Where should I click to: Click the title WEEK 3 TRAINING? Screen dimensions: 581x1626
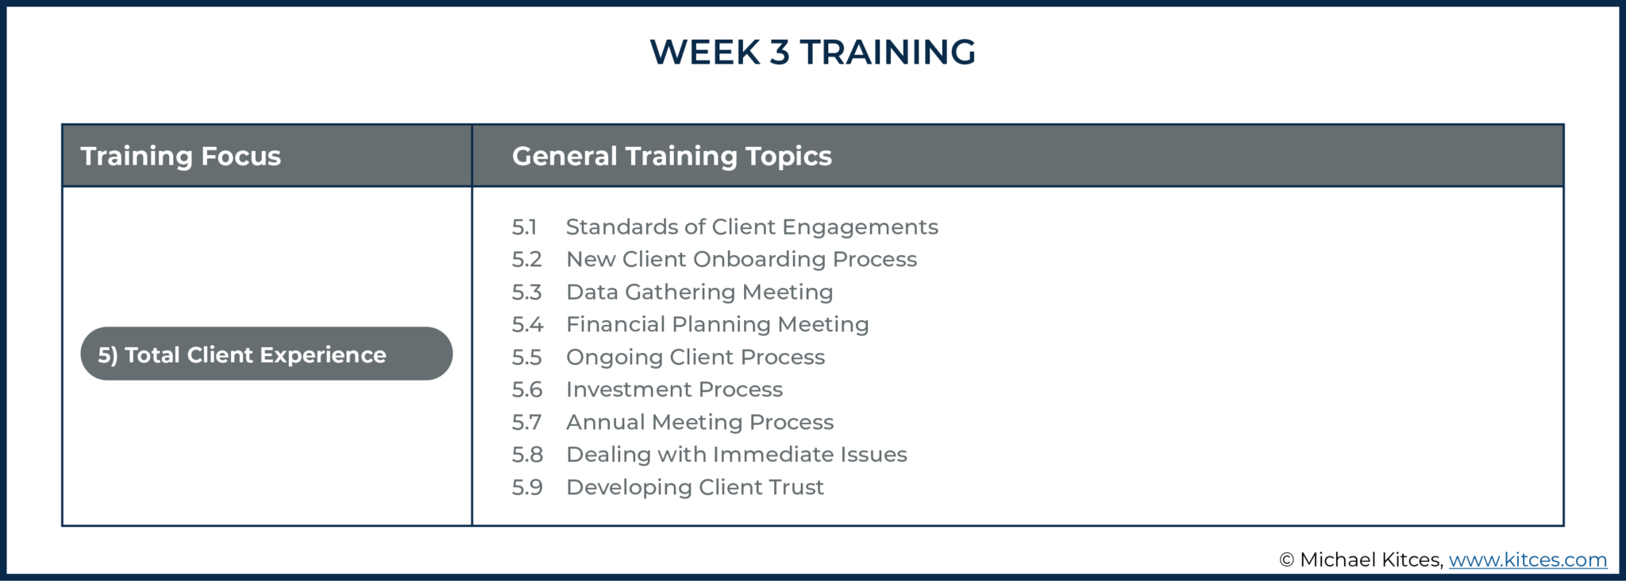pyautogui.click(x=812, y=52)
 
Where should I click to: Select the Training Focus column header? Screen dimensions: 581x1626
pyautogui.click(x=181, y=156)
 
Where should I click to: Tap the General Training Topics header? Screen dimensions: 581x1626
pyautogui.click(x=672, y=156)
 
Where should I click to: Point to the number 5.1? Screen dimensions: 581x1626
pyautogui.click(x=525, y=227)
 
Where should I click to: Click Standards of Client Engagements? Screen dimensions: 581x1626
pyautogui.click(x=752, y=227)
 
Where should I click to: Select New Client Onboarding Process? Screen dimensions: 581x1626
pyautogui.click(x=742, y=259)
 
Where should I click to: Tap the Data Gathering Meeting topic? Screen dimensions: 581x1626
pyautogui.click(x=699, y=292)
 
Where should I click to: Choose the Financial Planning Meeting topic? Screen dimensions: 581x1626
pyautogui.click(x=718, y=324)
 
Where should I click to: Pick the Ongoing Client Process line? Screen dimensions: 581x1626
pyautogui.click(x=695, y=357)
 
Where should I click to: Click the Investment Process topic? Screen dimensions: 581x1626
pyautogui.click(x=674, y=389)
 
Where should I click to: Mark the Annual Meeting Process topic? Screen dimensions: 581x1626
pyautogui.click(x=699, y=422)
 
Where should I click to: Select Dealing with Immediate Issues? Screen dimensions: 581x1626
pyautogui.click(x=736, y=455)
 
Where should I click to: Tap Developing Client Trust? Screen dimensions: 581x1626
pyautogui.click(x=695, y=487)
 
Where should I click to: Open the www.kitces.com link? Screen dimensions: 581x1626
pyautogui.click(x=1528, y=560)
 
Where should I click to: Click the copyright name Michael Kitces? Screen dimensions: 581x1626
pyautogui.click(x=1370, y=560)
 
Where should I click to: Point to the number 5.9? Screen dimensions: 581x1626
pyautogui.click(x=527, y=487)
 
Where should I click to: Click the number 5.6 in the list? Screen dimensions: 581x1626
pyautogui.click(x=527, y=389)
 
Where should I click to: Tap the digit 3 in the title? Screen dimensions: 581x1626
pyautogui.click(x=780, y=52)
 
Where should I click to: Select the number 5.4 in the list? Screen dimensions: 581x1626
pyautogui.click(x=527, y=324)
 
